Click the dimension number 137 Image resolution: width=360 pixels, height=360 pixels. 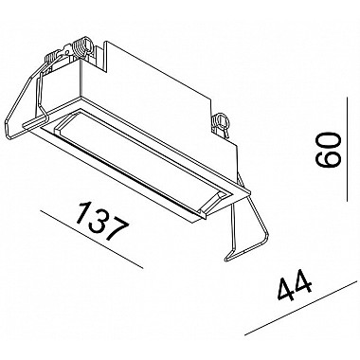tap(103, 222)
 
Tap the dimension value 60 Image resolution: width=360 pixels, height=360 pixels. tap(329, 150)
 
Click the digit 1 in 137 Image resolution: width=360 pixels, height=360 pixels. tap(82, 212)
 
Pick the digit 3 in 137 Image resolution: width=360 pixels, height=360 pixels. tap(99, 221)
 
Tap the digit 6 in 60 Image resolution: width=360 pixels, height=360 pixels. tap(329, 159)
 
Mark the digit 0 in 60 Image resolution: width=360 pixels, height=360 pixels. tap(329, 141)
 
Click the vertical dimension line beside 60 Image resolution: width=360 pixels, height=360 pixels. tap(347, 149)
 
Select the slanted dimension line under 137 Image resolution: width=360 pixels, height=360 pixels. tap(91, 240)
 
